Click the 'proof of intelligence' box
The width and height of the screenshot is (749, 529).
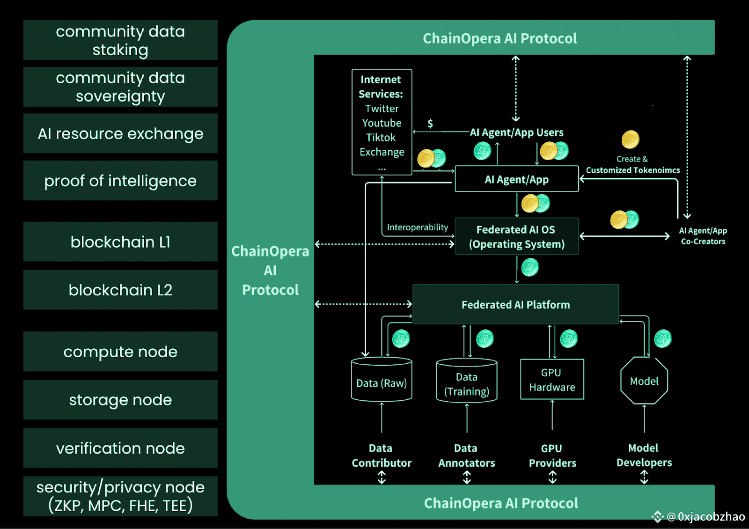(x=120, y=181)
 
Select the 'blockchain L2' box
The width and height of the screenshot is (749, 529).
(x=120, y=290)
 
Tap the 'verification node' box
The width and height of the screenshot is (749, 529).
(x=120, y=448)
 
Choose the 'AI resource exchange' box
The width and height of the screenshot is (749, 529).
(x=120, y=133)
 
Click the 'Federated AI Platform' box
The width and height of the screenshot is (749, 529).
(x=515, y=304)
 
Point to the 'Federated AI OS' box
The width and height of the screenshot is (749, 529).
(x=516, y=236)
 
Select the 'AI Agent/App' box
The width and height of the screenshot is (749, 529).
(x=516, y=179)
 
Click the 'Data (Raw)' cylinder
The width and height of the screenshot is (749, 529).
(x=382, y=382)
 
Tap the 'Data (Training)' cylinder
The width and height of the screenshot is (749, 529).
(x=466, y=383)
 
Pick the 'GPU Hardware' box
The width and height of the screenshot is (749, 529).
(x=552, y=380)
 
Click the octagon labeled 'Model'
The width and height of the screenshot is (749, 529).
(x=644, y=381)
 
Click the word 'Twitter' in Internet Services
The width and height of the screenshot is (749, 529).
(x=382, y=109)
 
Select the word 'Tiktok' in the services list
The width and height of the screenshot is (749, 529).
(x=381, y=138)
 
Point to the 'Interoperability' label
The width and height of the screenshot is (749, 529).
(x=418, y=228)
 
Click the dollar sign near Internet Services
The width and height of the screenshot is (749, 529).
(x=430, y=124)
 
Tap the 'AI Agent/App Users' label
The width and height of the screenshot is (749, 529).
(x=517, y=132)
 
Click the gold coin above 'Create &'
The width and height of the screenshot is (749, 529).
(x=631, y=140)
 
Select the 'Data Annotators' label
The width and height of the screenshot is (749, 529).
(x=466, y=456)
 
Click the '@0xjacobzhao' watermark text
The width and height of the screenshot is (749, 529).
(x=706, y=516)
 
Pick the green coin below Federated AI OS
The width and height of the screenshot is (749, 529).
(x=530, y=267)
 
